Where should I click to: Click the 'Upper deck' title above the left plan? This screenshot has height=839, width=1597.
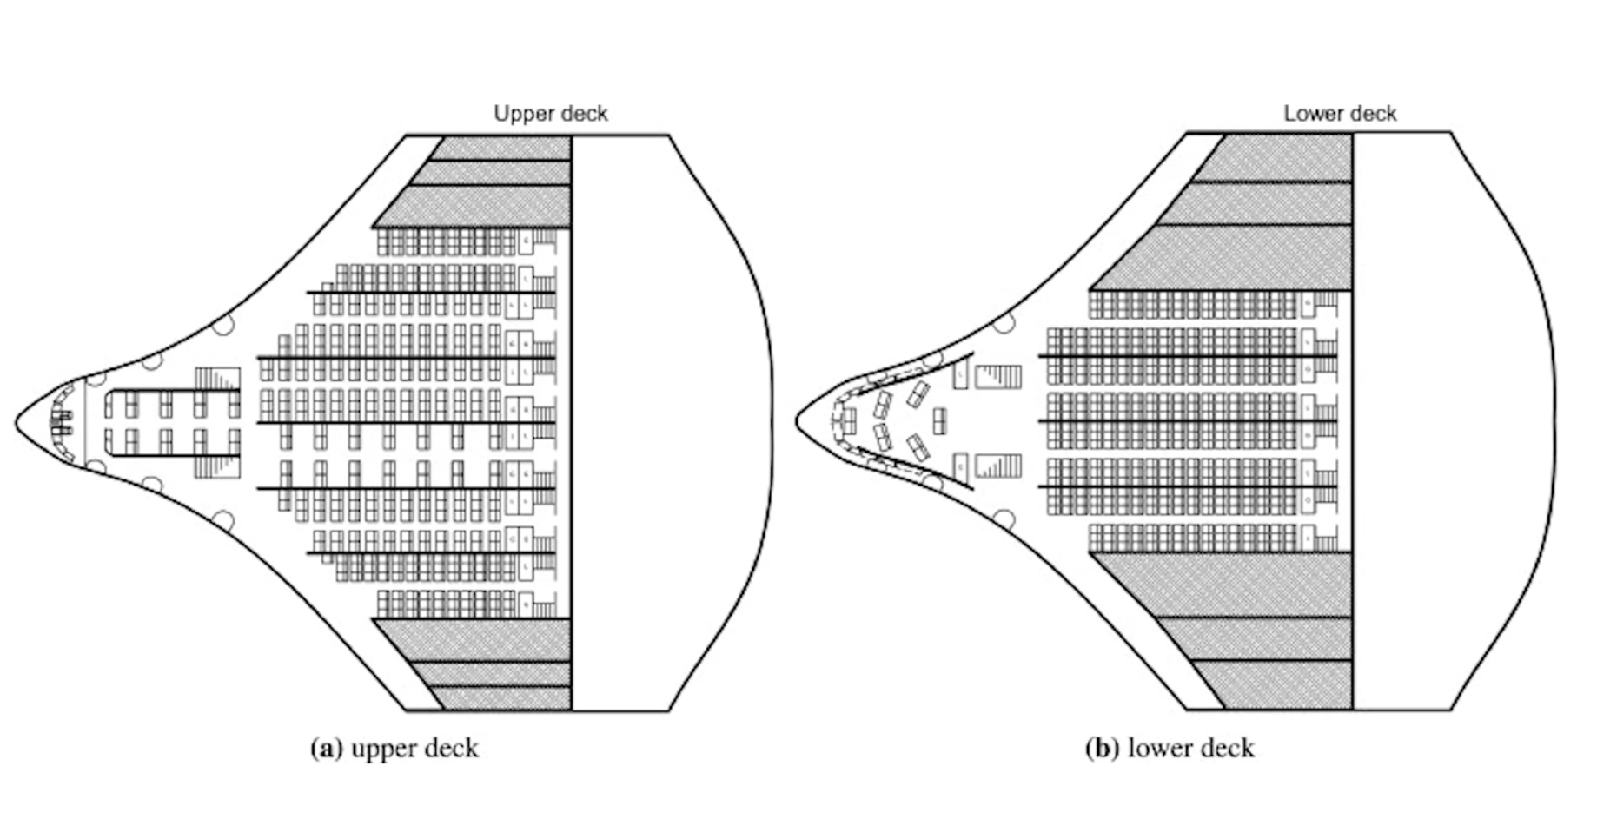coord(551,114)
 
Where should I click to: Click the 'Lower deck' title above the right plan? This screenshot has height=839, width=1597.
coord(1340,114)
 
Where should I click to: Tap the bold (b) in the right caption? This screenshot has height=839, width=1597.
coord(1102,749)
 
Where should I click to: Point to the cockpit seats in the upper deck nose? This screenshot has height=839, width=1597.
coord(61,423)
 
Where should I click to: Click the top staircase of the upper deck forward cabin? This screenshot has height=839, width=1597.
coord(217,380)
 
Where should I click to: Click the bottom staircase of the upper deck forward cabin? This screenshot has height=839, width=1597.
coord(217,466)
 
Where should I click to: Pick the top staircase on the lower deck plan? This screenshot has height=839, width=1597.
coord(998,376)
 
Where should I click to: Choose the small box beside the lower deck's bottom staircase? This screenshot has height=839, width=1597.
coord(960,466)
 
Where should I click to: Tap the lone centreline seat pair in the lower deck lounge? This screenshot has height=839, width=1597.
coord(939,421)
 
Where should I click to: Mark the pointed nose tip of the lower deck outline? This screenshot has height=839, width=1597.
coord(798,421)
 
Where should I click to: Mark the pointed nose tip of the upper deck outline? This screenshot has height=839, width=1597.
coord(17,423)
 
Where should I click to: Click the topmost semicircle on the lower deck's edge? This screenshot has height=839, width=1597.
coord(1004,324)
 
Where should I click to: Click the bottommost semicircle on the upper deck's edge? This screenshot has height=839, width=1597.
coord(223,520)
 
